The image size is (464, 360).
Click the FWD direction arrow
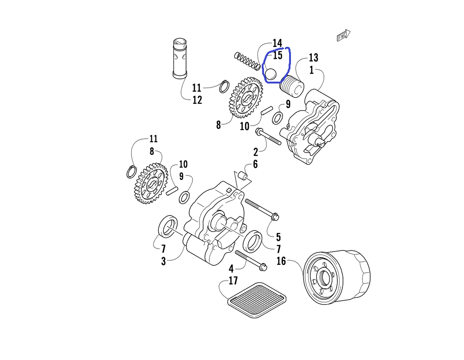click(343, 35)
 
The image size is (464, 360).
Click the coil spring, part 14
click(247, 61)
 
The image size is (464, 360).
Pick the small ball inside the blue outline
click(271, 73)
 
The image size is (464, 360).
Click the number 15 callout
click(277, 56)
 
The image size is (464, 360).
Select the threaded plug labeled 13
click(291, 86)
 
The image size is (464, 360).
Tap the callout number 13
click(313, 58)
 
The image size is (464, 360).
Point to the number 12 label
click(197, 100)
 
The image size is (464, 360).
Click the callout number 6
click(255, 165)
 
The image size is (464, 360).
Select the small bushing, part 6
click(242, 176)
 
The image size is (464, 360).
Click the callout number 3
click(163, 261)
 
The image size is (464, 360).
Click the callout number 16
click(281, 261)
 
